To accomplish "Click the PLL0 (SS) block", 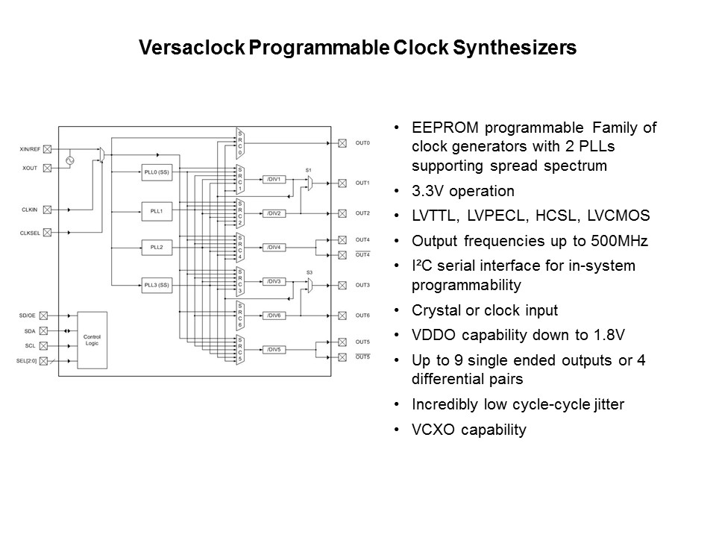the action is pos(157,172).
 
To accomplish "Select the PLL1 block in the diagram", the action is pos(157,211).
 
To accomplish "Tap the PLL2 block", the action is pos(157,248).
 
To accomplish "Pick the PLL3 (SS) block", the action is pos(157,285).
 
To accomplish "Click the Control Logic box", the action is pos(92,340).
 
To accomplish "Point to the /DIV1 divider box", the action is pos(274,180).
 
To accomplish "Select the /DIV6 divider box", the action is pos(274,315).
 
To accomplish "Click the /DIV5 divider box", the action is pos(274,349).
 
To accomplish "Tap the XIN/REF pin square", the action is pos(47,149).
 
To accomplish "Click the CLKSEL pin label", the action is pos(30,233).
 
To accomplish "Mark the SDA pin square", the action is pos(43,330).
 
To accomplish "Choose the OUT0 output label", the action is pos(362,143).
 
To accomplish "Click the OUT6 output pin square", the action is pos(342,315).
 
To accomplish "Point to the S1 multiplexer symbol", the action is pos(310,183).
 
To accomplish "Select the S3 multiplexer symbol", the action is pos(310,286).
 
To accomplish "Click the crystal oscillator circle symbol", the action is pos(70,161).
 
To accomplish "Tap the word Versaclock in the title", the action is pos(192,48).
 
